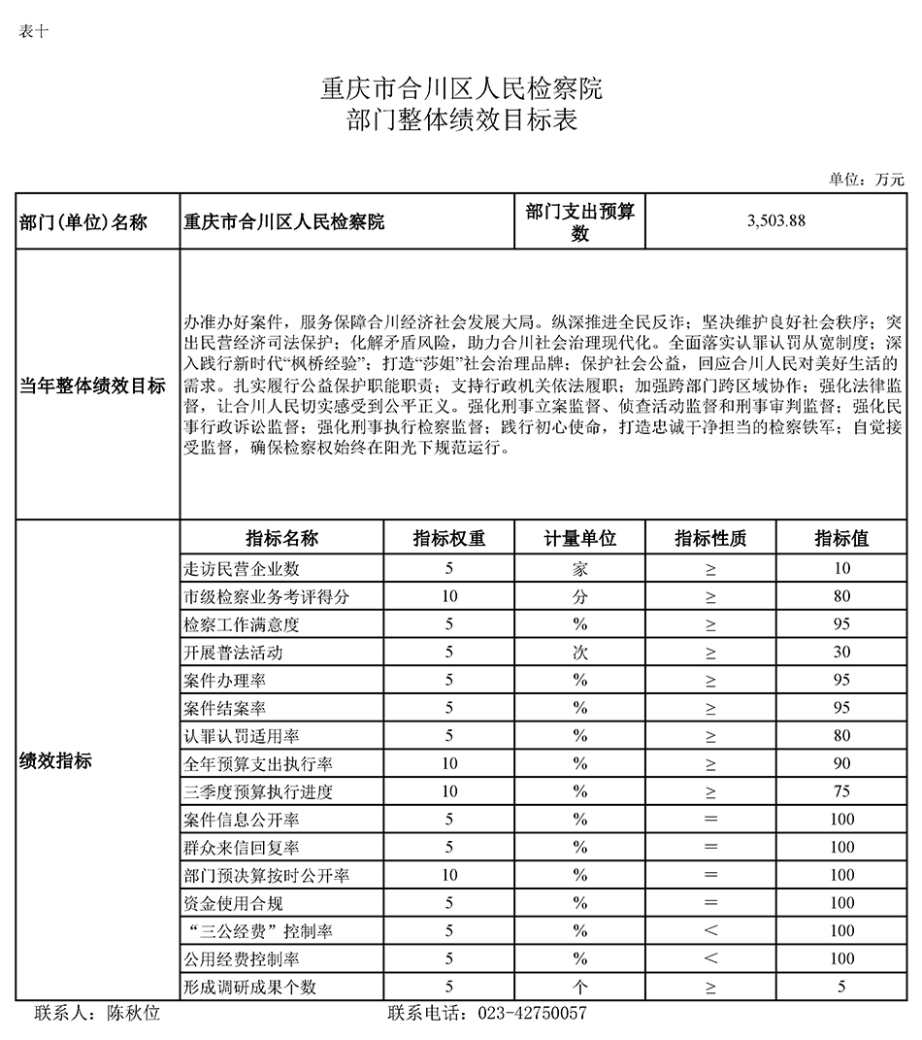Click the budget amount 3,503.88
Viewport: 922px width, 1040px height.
776,220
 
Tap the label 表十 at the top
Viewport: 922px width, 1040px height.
33,31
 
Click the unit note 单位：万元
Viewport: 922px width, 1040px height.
866,179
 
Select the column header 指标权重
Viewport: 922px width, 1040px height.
448,539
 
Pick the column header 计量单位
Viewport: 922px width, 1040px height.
579,539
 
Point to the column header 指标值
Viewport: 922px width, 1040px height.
840,539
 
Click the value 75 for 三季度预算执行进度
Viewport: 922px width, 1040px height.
840,791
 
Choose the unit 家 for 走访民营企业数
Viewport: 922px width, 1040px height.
579,568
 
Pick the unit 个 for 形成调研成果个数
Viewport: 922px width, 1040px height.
579,987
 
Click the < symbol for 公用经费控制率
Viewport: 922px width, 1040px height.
710,959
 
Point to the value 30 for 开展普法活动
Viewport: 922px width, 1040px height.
840,653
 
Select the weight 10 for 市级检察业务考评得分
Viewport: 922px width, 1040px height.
448,596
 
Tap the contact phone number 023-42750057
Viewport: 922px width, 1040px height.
532,1014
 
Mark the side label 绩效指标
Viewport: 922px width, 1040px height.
55,761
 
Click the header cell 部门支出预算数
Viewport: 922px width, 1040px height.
579,221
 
